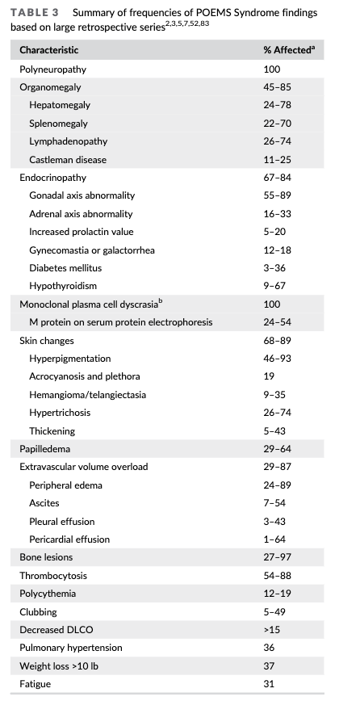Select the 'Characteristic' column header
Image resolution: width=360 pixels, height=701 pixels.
48,50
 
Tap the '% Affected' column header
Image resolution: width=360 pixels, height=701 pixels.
287,50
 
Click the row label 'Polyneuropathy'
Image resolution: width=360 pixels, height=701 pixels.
52,69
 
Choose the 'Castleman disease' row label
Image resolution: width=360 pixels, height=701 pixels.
68,160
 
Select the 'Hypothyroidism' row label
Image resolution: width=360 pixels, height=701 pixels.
64,286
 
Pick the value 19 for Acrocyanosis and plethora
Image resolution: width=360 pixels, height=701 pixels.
269,376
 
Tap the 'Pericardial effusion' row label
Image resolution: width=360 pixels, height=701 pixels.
69,539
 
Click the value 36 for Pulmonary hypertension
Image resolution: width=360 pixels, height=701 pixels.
269,648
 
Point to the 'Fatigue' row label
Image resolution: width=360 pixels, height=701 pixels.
36,684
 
